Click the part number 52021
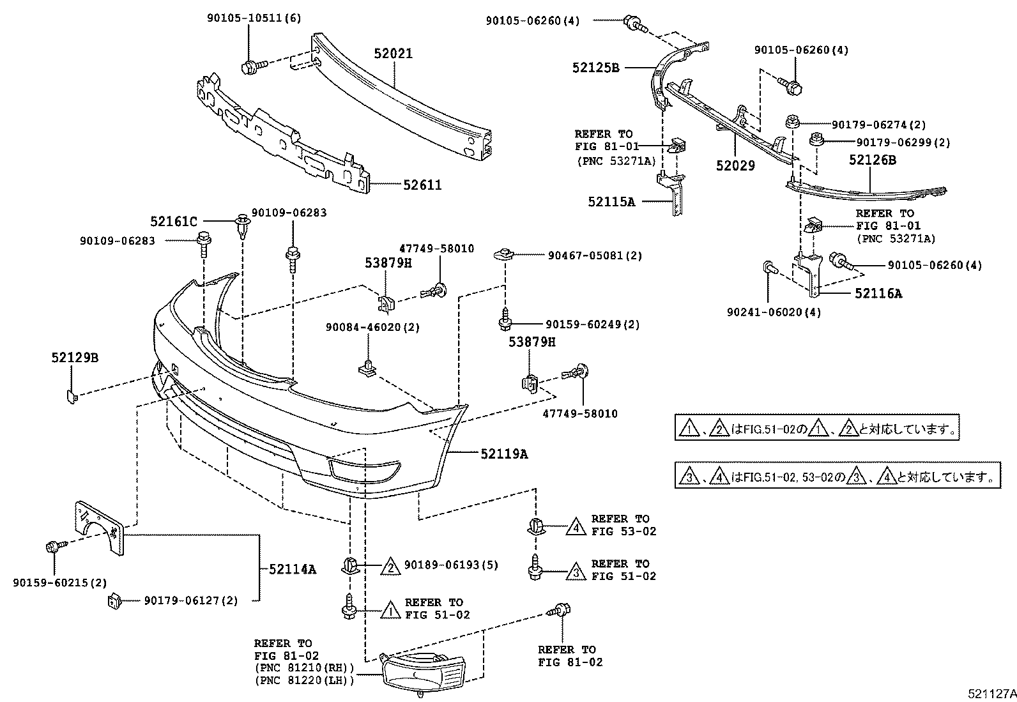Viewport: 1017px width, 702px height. click(x=394, y=54)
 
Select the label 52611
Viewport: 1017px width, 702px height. click(x=422, y=185)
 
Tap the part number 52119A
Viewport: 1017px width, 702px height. click(x=505, y=454)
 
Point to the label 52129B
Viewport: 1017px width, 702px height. click(x=75, y=358)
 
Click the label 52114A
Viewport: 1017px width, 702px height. click(x=293, y=568)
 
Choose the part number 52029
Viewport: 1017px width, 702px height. click(x=735, y=165)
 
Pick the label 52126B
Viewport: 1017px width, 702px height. click(x=872, y=160)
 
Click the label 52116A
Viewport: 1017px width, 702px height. click(x=879, y=294)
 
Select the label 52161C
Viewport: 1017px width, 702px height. click(x=174, y=222)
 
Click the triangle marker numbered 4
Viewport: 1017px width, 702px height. click(x=576, y=526)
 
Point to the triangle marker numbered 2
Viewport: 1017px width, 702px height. click(x=390, y=565)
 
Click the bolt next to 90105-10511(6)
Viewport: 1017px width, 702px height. click(x=250, y=66)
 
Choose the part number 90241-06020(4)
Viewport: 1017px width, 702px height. click(x=774, y=312)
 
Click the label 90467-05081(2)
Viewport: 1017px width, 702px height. click(x=595, y=256)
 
